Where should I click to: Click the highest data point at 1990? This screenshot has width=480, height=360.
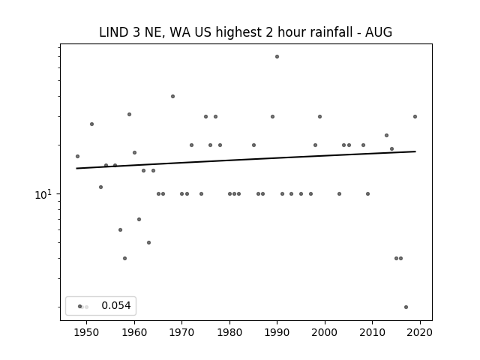(x=277, y=57)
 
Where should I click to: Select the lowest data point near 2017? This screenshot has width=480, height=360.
(x=406, y=307)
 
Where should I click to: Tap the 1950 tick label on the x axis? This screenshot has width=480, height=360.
(x=87, y=332)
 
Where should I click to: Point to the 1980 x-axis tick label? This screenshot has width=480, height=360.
(x=229, y=332)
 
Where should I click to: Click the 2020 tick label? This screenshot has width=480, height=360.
(x=420, y=332)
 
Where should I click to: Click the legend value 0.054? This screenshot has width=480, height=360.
(x=116, y=305)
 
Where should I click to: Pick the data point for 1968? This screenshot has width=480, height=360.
(x=172, y=97)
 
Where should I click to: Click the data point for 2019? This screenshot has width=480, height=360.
(x=415, y=117)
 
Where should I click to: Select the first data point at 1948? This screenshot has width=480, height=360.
(x=77, y=157)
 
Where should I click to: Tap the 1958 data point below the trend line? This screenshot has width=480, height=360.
(x=125, y=258)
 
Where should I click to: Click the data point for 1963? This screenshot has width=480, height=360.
(x=148, y=243)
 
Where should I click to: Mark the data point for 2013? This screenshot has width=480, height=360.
(x=387, y=135)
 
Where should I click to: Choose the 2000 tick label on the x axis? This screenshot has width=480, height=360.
(x=325, y=332)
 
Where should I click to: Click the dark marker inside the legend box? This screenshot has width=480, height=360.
(x=80, y=307)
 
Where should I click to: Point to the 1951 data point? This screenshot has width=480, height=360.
(x=91, y=124)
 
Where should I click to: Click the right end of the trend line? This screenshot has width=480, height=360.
(x=415, y=151)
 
